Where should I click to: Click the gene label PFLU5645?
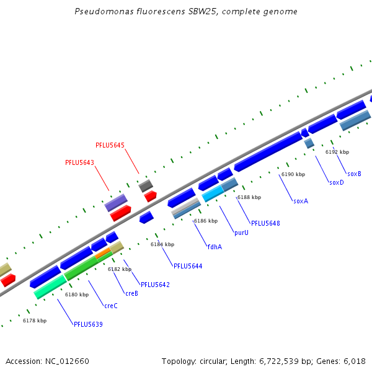pos(110,145)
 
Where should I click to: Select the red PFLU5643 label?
pos(79,162)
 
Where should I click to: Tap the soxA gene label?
pos(301,201)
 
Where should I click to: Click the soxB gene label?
pos(354,174)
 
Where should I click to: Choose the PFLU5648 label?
pos(265,223)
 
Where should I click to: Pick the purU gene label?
pos(241,232)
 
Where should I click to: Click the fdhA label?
pos(215,246)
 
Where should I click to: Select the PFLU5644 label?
pos(188,266)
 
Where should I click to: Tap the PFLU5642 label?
pos(155,285)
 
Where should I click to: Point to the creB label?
pos(131,293)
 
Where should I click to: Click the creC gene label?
pos(111,306)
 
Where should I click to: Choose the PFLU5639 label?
pos(88,324)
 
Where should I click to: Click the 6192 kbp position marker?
pos(337,152)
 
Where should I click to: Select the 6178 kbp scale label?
pos(35,321)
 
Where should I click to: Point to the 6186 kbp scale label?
pos(206,221)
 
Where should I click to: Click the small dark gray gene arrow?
pos(146,185)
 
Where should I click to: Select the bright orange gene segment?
pos(103,252)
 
